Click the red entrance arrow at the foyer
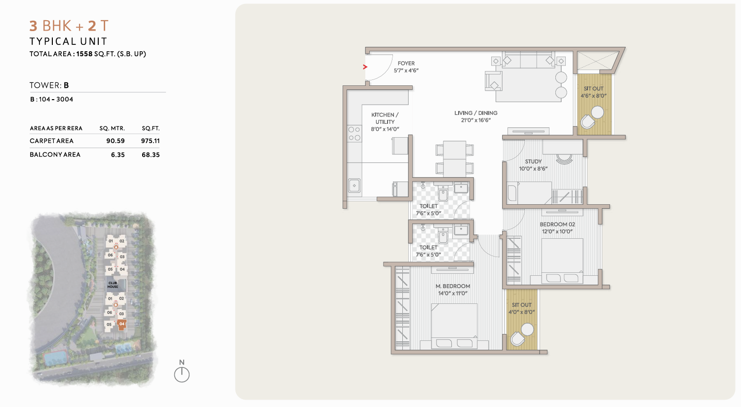coord(365,67)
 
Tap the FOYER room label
coord(406,63)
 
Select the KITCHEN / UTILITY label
coord(385,118)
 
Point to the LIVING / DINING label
coord(476,113)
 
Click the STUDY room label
coord(533,161)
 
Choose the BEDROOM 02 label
coord(557,224)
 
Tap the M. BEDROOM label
coord(453,286)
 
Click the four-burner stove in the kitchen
coord(354,134)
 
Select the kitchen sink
coord(354,185)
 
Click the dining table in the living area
coord(455,159)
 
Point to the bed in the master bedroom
coord(454,326)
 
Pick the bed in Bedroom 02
coord(562,261)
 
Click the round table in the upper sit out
coord(597,112)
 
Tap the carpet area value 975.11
coord(150,141)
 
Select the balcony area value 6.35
coord(118,155)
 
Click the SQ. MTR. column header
coord(112,128)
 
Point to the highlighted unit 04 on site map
coord(122,324)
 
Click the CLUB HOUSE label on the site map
coord(113,285)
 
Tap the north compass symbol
coord(182,371)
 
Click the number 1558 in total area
coord(84,54)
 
